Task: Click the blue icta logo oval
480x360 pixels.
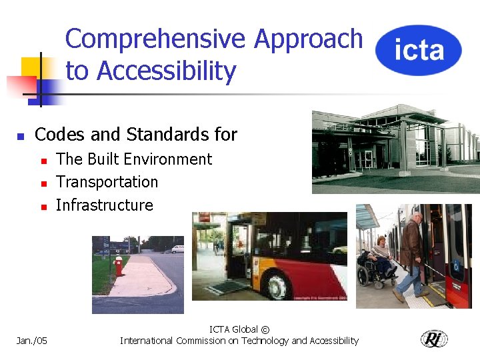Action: coord(419,50)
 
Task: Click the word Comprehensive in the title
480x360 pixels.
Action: coord(157,39)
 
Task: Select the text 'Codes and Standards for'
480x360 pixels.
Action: coord(135,135)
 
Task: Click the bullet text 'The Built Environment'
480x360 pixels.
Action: coord(134,159)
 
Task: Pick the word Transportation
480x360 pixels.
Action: coord(107,182)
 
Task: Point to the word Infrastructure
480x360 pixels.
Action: coord(105,205)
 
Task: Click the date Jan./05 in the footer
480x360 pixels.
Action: coord(31,341)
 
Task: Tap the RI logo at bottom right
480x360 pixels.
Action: coord(434,339)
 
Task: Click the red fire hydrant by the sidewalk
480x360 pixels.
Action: coord(119,265)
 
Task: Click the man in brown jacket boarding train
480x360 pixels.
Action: coord(411,253)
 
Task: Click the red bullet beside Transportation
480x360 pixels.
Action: coord(43,183)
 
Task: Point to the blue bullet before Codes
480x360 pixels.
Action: coord(21,136)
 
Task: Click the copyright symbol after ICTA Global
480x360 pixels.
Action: coord(265,329)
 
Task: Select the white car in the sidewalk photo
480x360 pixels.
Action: coord(177,249)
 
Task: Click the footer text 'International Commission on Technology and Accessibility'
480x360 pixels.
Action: coord(239,341)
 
